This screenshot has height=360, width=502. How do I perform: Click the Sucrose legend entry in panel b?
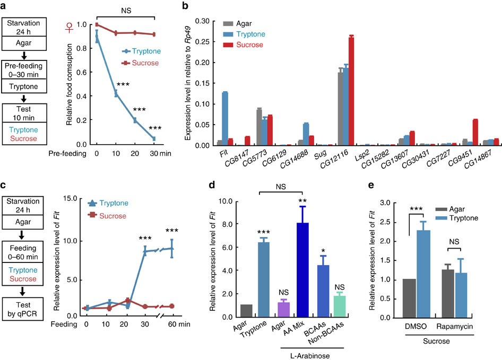coord(239,45)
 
